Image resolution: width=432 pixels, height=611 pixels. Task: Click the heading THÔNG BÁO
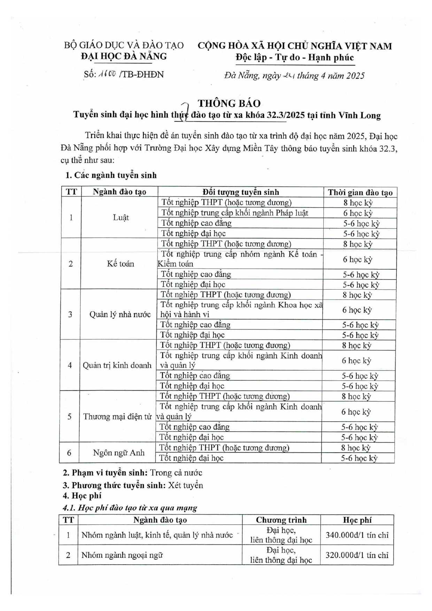click(229, 103)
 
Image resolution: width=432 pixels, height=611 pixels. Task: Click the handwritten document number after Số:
click(107, 74)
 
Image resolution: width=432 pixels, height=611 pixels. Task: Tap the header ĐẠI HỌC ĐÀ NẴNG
click(124, 56)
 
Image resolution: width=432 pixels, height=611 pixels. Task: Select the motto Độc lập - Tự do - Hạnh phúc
click(295, 57)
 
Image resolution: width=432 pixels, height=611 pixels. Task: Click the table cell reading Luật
click(121, 218)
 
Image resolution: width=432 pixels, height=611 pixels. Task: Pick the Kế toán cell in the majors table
click(120, 264)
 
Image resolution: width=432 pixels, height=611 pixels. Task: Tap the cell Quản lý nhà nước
click(120, 314)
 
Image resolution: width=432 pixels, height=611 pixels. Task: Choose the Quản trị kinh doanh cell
click(117, 365)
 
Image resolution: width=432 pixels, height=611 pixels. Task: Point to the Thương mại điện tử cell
click(117, 416)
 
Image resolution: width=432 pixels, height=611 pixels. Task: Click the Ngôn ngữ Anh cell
click(118, 453)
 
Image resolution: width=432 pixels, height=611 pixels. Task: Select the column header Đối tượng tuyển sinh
click(241, 192)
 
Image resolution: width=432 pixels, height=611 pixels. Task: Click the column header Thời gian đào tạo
click(360, 193)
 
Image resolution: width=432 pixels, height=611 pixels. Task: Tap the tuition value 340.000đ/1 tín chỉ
click(357, 535)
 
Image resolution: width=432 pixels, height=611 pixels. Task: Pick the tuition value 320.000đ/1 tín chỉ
click(357, 555)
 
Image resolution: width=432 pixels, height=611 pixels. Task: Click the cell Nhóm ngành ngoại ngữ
click(122, 555)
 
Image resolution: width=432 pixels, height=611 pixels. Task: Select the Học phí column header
click(357, 520)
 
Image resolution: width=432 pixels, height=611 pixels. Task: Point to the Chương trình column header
click(281, 520)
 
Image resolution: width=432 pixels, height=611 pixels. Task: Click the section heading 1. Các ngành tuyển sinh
click(111, 175)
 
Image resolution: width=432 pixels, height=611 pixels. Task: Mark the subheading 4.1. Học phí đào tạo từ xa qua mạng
click(130, 508)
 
